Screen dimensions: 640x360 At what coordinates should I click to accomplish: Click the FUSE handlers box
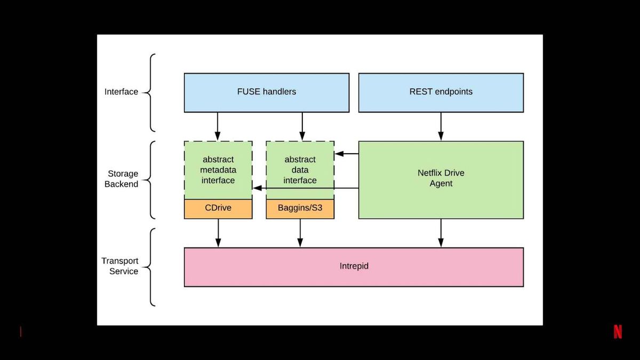point(267,93)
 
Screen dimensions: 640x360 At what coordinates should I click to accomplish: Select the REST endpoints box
point(441,93)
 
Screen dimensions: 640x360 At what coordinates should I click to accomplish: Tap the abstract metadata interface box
point(218,170)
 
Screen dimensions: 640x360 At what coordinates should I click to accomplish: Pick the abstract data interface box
point(300,170)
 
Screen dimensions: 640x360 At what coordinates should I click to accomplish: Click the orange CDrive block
point(218,209)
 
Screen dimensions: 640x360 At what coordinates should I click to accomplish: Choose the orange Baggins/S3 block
point(300,209)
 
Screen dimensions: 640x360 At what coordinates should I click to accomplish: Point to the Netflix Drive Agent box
point(441,180)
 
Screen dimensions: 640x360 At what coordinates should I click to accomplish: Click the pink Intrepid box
point(354,267)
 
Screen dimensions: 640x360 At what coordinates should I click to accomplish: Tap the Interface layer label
point(121,92)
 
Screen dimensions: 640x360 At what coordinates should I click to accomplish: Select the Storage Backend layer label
point(122,179)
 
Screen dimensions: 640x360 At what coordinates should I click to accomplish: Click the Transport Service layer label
point(119,266)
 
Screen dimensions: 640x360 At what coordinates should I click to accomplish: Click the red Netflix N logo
point(618,332)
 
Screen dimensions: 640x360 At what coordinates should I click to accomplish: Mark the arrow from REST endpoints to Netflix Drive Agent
point(441,126)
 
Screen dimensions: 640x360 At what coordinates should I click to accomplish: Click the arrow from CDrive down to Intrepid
point(218,233)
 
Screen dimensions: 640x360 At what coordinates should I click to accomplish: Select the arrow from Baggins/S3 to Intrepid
point(300,233)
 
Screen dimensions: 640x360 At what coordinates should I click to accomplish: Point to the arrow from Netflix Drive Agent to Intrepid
point(441,233)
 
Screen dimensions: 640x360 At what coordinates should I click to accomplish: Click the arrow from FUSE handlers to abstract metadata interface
point(218,126)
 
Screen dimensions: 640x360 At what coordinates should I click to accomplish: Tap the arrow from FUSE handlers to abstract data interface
point(302,126)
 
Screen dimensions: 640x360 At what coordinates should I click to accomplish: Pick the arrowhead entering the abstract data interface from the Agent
point(339,154)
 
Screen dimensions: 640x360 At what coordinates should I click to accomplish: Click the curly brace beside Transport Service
point(151,267)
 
